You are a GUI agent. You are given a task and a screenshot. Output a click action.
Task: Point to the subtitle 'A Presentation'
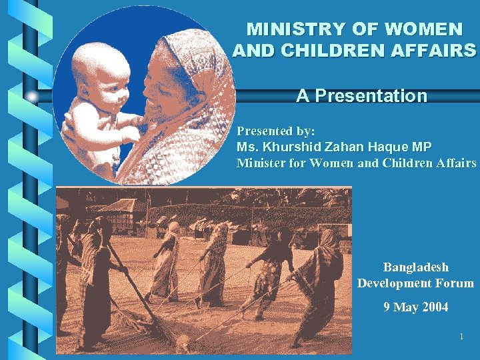click(361, 96)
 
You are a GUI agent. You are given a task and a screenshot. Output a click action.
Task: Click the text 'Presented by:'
click(276, 131)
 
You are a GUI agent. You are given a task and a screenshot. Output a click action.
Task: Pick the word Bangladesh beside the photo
click(415, 267)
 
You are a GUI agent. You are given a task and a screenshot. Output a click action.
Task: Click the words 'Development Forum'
click(415, 283)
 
